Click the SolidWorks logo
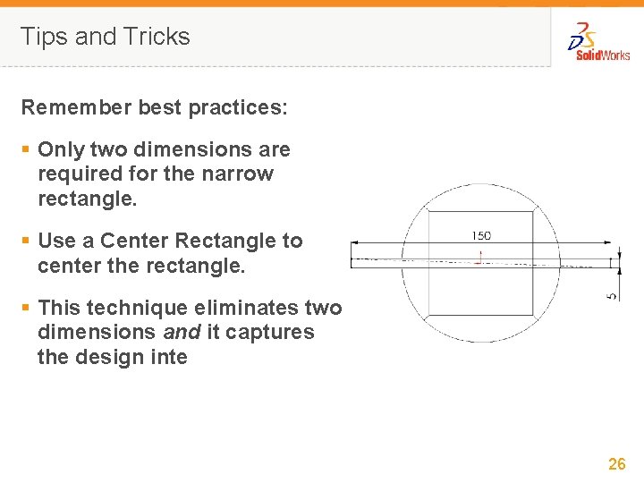(598, 42)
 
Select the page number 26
(617, 463)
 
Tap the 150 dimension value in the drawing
(481, 236)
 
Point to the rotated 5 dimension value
(612, 296)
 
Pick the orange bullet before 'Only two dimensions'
(26, 148)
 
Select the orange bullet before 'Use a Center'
(26, 240)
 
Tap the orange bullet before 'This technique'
(26, 307)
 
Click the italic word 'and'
(182, 332)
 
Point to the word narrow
(237, 174)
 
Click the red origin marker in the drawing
(479, 258)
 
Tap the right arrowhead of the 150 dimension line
(607, 242)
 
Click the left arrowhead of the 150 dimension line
(355, 242)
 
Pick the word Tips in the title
(44, 37)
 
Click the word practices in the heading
(238, 108)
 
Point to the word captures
(270, 333)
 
